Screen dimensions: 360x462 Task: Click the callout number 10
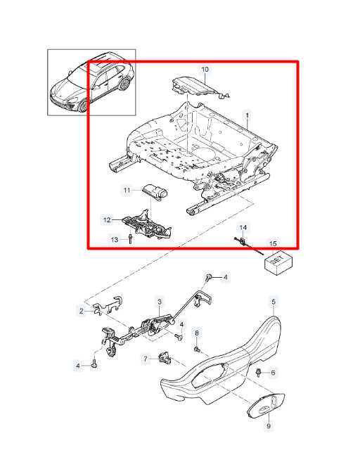205,69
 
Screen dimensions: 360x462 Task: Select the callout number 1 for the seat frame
247,115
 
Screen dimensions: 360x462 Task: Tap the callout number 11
127,191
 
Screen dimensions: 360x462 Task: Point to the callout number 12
107,220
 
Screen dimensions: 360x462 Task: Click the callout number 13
115,240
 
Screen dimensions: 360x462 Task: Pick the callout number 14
243,227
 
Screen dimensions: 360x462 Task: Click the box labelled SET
278,263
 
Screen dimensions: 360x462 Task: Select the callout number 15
273,244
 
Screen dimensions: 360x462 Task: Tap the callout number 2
82,311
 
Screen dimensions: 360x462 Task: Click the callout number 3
160,302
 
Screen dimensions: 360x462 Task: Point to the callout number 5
274,302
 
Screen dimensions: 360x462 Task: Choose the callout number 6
273,373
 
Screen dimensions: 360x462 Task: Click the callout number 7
146,359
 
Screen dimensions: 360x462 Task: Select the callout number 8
197,333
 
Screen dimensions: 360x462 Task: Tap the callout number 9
269,425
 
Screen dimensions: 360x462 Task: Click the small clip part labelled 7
165,358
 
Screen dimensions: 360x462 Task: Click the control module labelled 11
155,193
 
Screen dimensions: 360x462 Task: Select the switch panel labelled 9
266,406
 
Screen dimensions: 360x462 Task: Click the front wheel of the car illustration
83,106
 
